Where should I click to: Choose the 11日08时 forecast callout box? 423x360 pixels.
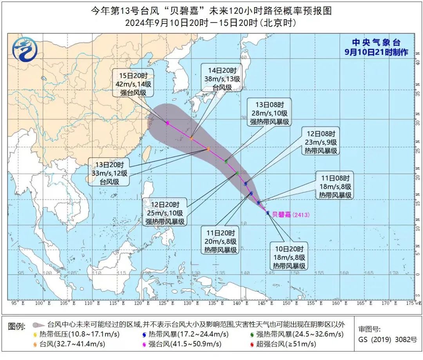tap(335, 185)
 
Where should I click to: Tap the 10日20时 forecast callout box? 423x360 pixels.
tap(289, 257)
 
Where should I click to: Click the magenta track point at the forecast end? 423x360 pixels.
tap(168, 123)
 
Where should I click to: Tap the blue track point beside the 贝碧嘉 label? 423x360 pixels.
tap(268, 213)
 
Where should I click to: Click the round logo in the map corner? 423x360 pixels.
tap(25, 49)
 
